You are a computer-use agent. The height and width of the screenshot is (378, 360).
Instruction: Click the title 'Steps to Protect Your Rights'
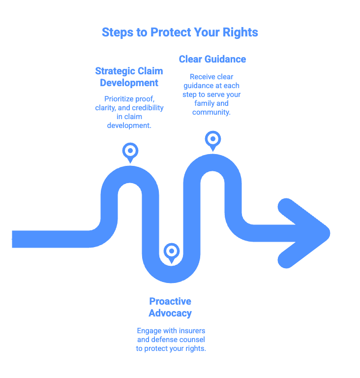(180, 32)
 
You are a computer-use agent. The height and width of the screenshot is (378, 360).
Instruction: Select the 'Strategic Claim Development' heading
(129, 77)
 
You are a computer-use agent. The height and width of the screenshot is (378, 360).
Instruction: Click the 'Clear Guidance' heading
(212, 59)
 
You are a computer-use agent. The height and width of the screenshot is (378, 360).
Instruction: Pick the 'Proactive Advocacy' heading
(170, 307)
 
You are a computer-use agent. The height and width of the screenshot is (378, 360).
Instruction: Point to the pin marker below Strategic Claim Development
(130, 151)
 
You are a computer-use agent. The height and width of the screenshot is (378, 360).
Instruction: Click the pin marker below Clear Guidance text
(212, 139)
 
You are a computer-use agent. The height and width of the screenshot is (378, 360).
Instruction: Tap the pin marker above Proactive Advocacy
(171, 252)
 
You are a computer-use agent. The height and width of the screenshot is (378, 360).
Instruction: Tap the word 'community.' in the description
(212, 112)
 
